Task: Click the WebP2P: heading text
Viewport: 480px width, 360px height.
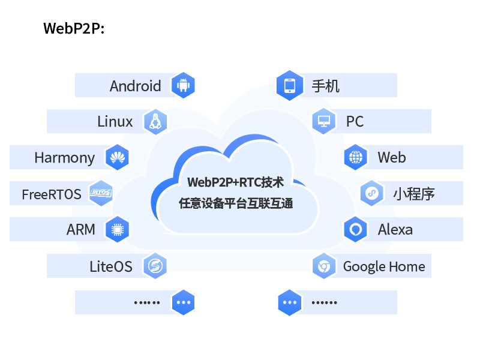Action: click(74, 29)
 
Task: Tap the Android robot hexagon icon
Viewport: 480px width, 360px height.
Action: click(183, 86)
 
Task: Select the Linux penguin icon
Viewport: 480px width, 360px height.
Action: click(155, 122)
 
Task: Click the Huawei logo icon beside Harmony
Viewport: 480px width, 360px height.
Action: click(117, 158)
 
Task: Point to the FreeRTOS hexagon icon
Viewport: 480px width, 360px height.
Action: click(101, 193)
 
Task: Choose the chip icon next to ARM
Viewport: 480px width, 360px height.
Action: click(117, 229)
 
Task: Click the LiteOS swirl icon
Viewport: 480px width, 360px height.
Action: click(155, 266)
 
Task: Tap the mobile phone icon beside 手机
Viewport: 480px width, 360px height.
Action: click(289, 86)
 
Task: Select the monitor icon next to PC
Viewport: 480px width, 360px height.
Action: click(324, 122)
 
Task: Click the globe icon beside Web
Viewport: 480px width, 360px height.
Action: click(356, 158)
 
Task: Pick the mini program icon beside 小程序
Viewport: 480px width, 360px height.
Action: click(371, 193)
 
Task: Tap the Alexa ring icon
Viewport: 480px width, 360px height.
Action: click(356, 229)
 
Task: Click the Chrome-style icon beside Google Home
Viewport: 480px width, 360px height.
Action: click(324, 266)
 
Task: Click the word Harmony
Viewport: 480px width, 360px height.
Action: click(64, 158)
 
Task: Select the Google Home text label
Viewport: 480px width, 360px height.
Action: click(384, 266)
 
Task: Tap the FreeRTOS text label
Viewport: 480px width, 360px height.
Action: click(51, 194)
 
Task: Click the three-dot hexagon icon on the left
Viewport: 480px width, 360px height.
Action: click(183, 302)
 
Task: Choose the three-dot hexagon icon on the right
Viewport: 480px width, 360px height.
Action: click(289, 302)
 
